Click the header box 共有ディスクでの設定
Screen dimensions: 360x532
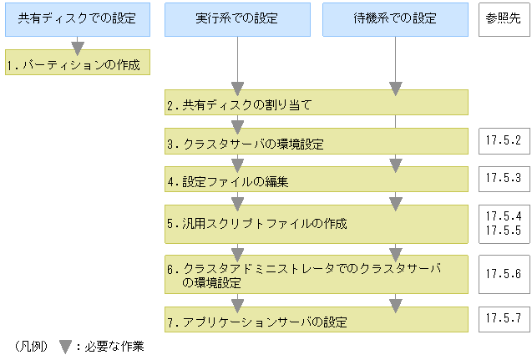click(78, 18)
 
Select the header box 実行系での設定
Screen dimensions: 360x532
click(237, 18)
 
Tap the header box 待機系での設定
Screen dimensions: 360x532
click(395, 18)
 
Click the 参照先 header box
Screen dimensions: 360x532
click(504, 18)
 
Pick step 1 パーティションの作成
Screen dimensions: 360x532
click(78, 63)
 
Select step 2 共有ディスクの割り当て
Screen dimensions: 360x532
click(316, 104)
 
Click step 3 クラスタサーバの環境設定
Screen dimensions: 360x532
click(316, 143)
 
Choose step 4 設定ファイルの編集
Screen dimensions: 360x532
click(316, 180)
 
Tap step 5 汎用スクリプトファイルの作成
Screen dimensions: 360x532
click(316, 224)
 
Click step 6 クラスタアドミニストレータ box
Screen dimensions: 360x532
click(316, 274)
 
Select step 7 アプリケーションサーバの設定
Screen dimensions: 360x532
click(316, 321)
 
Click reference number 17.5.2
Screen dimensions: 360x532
click(503, 141)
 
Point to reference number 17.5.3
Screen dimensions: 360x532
click(503, 178)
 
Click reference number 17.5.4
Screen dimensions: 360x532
click(503, 216)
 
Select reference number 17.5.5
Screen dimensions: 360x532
click(503, 230)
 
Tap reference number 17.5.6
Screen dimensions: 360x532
click(503, 273)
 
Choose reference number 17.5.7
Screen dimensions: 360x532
click(503, 319)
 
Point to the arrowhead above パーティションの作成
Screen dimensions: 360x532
click(78, 48)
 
